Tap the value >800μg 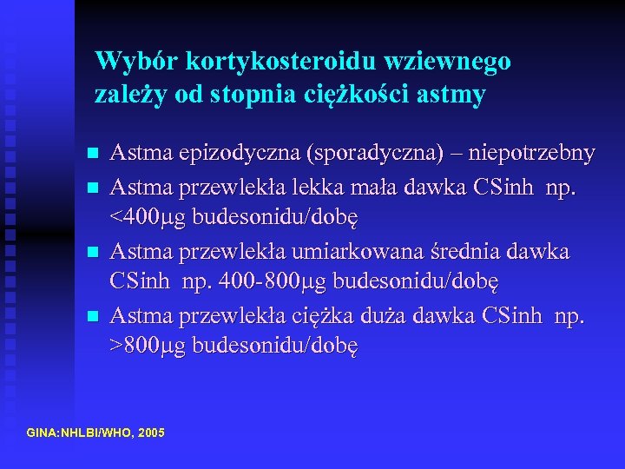(148, 346)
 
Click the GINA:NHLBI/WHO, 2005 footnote (95, 432)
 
